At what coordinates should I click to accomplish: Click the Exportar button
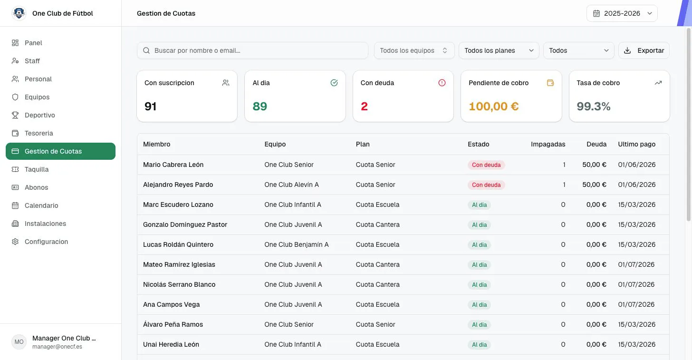(x=644, y=50)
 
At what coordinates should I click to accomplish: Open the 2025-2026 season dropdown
(x=622, y=13)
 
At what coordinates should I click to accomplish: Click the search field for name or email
(x=252, y=50)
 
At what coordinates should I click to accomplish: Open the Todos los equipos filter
(x=414, y=50)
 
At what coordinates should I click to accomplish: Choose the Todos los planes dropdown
(x=499, y=50)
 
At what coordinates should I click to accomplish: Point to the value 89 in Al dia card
(x=259, y=107)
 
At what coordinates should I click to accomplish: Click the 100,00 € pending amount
(x=493, y=107)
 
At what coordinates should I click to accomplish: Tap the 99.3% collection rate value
(x=594, y=107)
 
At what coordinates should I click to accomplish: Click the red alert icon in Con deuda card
(x=442, y=83)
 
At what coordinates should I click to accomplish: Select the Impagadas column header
(x=548, y=144)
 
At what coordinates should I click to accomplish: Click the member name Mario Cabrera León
(x=173, y=165)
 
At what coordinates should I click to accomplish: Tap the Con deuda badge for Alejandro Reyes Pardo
(x=486, y=185)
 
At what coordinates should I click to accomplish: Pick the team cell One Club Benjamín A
(x=296, y=244)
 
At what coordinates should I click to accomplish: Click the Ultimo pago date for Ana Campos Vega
(x=636, y=304)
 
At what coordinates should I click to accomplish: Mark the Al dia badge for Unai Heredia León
(x=479, y=345)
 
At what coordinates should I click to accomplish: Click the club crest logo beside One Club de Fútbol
(x=19, y=13)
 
